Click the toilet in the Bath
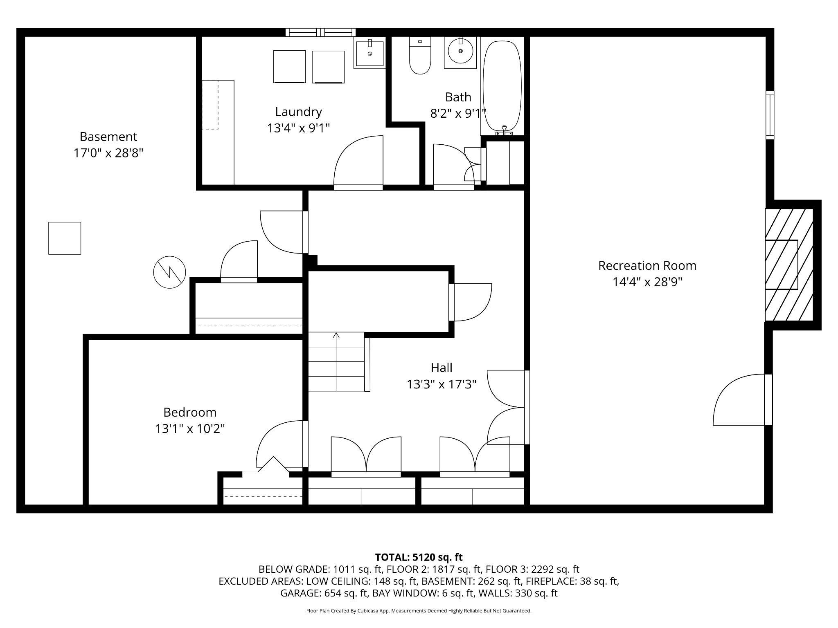[420, 56]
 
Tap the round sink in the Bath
[461, 51]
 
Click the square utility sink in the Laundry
[369, 53]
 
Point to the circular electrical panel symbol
[169, 272]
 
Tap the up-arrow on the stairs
[336, 336]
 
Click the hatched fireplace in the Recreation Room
[788, 265]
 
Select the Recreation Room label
[647, 266]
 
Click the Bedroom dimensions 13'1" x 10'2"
[190, 428]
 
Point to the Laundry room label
[298, 112]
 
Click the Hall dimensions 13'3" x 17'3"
[442, 384]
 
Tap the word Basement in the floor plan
[108, 136]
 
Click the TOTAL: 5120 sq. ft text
[419, 557]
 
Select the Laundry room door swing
[358, 162]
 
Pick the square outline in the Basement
[65, 238]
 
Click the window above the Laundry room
[320, 32]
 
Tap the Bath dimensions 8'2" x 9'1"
[458, 113]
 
